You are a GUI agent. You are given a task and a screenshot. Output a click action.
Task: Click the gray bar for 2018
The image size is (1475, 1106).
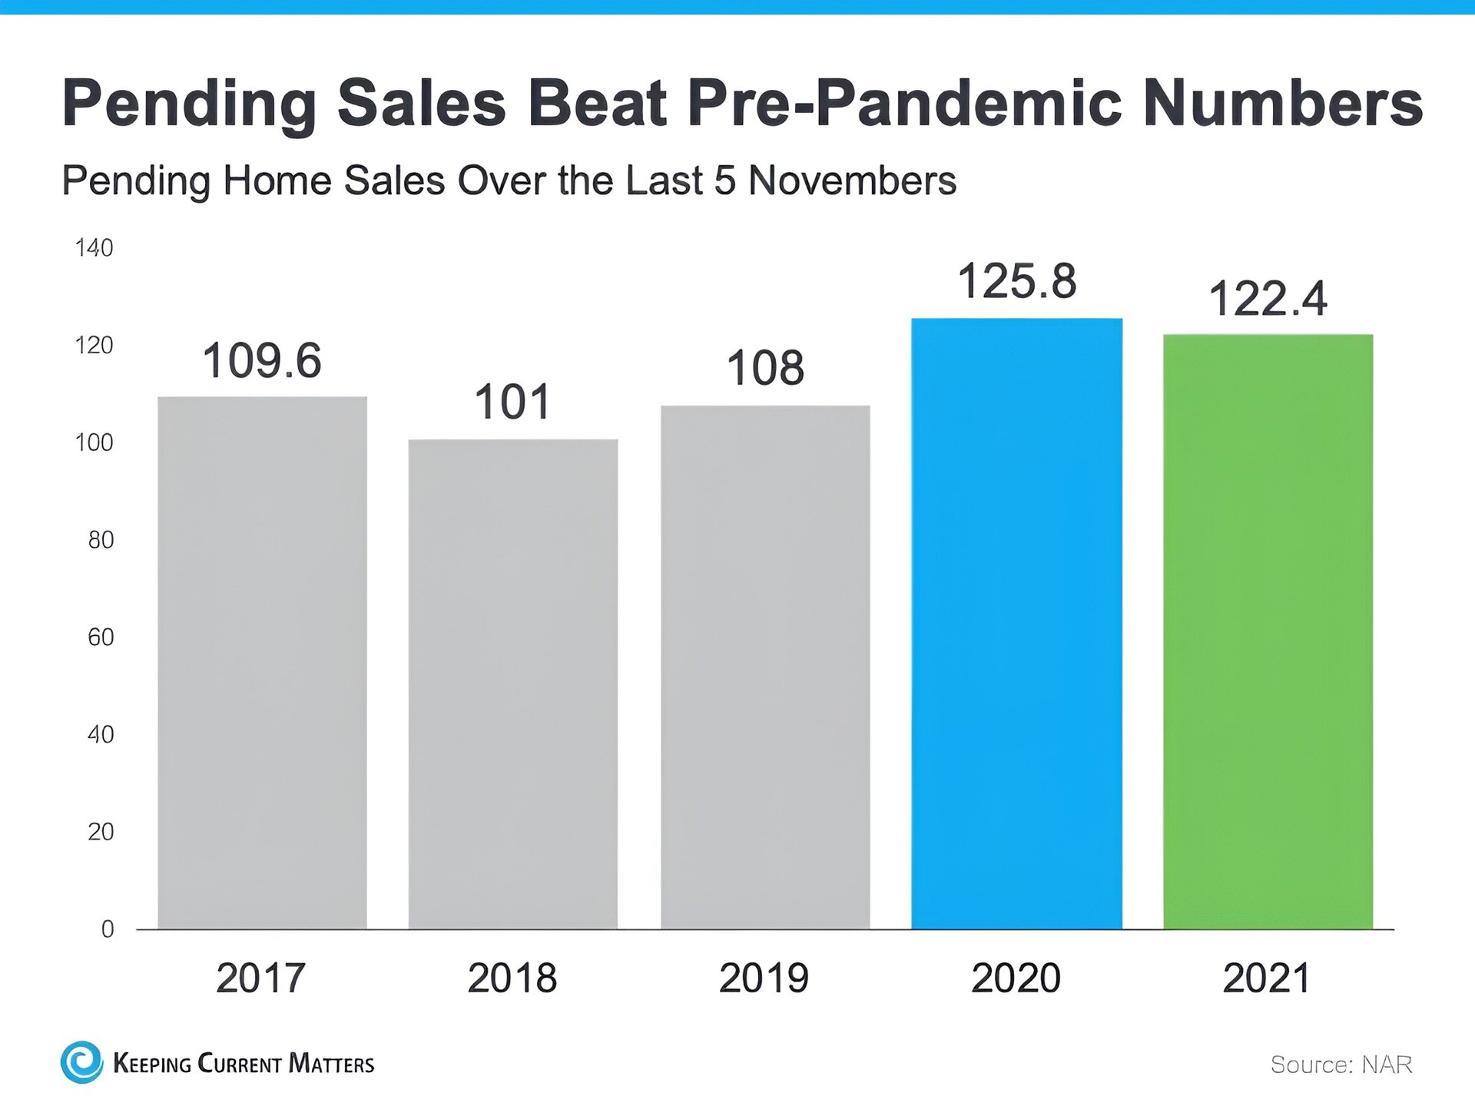pos(512,684)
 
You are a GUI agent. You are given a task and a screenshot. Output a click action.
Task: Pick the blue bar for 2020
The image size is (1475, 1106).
pos(1016,623)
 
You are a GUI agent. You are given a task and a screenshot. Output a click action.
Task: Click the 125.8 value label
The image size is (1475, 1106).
pos(1016,281)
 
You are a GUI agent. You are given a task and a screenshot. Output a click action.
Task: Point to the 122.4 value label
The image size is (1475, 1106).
pos(1268,299)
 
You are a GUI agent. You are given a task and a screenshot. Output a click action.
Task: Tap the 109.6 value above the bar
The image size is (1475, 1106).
pos(262,361)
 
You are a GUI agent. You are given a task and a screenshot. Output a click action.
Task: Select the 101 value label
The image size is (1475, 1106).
pos(512,402)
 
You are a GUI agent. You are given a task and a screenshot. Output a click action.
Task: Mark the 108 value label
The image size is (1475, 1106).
pos(765,368)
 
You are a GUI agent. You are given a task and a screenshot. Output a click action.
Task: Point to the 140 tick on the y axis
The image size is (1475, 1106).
pos(94,248)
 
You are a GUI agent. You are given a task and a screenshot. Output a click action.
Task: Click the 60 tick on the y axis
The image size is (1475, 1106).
pos(101,637)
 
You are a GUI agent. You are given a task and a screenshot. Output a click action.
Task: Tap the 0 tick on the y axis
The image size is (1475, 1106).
pos(108,929)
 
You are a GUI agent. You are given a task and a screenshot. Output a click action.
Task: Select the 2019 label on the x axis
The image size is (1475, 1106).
pos(764,979)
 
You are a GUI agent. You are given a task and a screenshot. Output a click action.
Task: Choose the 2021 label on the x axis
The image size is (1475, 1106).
pos(1266,979)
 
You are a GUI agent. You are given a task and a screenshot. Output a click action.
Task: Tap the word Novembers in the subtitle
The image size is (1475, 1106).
pos(852,181)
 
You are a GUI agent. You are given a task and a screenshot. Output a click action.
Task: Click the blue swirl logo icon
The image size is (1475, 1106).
pos(81,1062)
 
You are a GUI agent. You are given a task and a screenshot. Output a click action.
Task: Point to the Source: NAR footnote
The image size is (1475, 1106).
pos(1341,1065)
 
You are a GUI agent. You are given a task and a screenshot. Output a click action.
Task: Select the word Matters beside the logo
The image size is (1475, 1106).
pos(331,1064)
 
